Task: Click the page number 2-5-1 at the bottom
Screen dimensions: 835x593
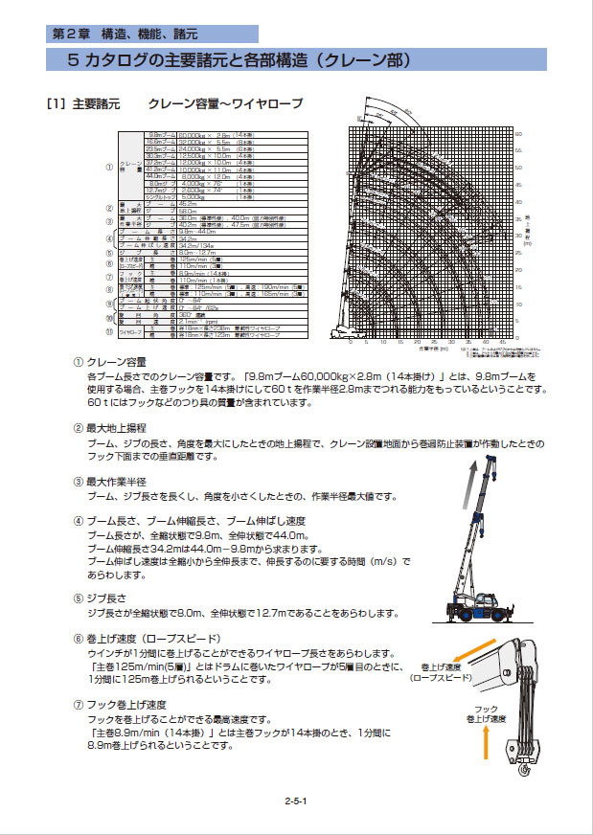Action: click(x=296, y=801)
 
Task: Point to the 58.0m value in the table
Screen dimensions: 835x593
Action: click(x=188, y=211)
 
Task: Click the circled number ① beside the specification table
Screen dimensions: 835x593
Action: click(x=110, y=167)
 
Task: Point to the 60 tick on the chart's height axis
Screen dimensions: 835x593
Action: click(x=518, y=133)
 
